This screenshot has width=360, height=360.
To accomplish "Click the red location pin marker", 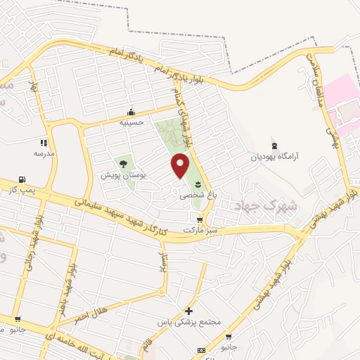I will (181, 165).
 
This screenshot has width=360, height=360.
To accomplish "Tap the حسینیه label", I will (131, 121).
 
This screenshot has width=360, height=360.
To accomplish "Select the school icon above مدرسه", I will (44, 142).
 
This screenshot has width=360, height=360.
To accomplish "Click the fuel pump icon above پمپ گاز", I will (22, 180).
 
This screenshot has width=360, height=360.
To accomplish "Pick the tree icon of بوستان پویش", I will (123, 164).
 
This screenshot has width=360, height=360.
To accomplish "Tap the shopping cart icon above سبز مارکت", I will (200, 220).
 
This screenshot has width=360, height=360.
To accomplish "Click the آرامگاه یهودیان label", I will (276, 157).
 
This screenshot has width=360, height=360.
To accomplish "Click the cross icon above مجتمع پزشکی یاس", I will (188, 311).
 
